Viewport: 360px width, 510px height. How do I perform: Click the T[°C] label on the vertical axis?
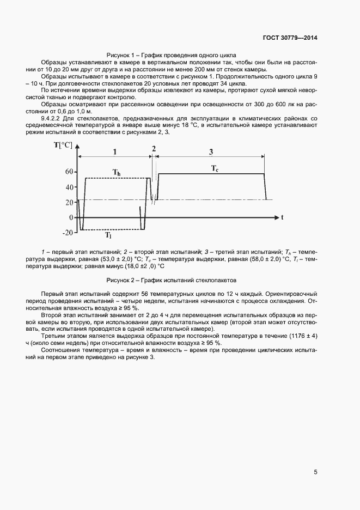(63, 144)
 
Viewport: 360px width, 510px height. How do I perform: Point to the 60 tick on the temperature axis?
(69, 171)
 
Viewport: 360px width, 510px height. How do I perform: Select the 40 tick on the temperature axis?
(69, 187)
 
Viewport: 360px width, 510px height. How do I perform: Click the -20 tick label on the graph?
(67, 233)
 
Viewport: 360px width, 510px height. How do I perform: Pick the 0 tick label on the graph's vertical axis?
(71, 217)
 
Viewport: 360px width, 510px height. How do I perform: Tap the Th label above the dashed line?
(117, 172)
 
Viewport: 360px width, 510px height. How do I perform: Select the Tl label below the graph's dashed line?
(109, 236)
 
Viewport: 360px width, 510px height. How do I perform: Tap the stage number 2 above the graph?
(154, 148)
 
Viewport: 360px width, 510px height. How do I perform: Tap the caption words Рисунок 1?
(120, 55)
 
